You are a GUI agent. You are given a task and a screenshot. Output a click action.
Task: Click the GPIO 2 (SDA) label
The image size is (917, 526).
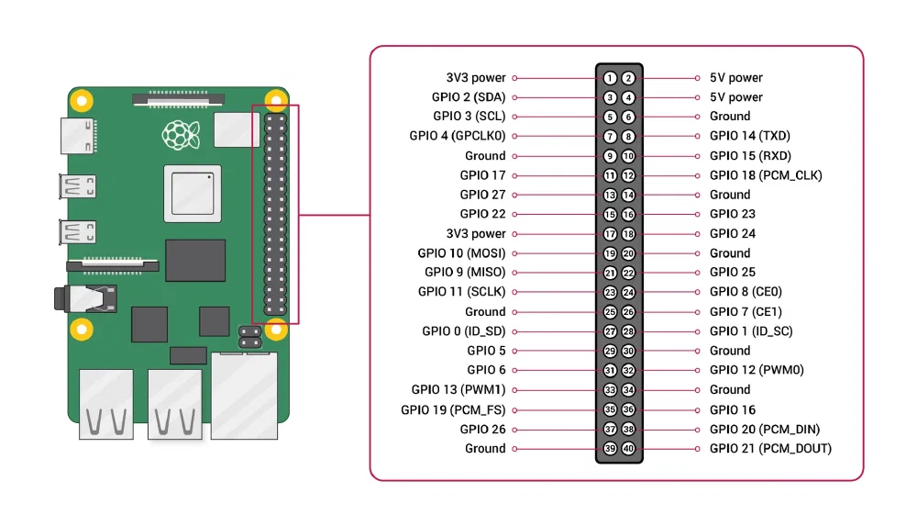(469, 97)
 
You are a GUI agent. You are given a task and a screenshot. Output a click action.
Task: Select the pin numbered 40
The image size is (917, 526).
(628, 449)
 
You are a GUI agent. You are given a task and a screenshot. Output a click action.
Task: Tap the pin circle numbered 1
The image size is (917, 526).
(610, 78)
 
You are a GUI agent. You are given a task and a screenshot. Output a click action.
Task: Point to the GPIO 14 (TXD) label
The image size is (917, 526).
(749, 136)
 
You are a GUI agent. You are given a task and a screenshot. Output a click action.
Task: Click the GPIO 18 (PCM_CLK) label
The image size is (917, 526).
(765, 175)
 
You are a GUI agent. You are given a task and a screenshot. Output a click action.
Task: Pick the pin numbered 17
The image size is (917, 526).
(610, 234)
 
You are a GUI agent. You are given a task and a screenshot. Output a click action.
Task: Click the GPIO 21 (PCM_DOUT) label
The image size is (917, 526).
(770, 449)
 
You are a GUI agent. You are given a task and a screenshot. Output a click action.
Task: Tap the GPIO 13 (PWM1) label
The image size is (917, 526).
(458, 390)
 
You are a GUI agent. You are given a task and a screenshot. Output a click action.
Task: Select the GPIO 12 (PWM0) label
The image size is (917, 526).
(756, 370)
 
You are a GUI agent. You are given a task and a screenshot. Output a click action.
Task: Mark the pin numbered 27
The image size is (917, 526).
(610, 331)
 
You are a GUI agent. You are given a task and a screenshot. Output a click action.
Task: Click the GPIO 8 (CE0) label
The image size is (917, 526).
(746, 292)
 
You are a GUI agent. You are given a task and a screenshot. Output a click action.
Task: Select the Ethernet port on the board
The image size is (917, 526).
(244, 395)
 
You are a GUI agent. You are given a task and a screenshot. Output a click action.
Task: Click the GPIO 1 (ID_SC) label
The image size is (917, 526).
(751, 331)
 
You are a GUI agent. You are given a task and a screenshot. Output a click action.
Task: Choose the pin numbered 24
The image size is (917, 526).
(628, 293)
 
